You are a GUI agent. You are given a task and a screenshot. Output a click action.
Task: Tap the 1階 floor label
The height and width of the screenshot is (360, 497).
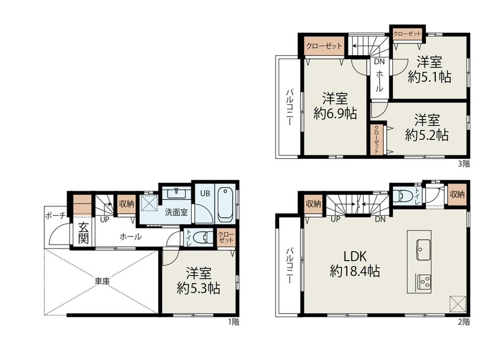pyautogui.click(x=234, y=322)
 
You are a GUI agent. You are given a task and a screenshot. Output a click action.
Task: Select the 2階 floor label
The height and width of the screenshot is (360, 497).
pyautogui.click(x=464, y=322)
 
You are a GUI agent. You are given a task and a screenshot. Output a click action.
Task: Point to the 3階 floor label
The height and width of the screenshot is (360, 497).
pyautogui.click(x=464, y=164)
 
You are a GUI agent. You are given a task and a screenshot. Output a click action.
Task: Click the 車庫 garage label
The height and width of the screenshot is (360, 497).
pyautogui.click(x=102, y=281)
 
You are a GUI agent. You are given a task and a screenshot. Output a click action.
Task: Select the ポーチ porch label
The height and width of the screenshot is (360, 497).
pyautogui.click(x=56, y=216)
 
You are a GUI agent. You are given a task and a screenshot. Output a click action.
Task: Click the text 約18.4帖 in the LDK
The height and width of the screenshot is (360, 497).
pyautogui.click(x=355, y=271)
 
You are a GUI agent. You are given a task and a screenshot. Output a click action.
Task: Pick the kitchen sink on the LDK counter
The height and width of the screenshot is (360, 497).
pyautogui.click(x=423, y=250)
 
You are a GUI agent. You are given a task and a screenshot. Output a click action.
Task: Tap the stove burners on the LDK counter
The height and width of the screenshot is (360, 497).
pyautogui.click(x=423, y=282)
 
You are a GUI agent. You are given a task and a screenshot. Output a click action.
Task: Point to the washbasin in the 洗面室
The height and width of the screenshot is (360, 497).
pyautogui.click(x=176, y=193)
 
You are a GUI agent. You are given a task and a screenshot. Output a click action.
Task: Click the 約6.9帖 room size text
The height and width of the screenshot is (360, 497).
pyautogui.click(x=335, y=113)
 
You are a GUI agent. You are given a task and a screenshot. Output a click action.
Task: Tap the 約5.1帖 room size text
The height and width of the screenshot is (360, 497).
pyautogui.click(x=430, y=77)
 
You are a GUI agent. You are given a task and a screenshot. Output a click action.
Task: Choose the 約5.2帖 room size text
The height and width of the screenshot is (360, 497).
pyautogui.click(x=427, y=135)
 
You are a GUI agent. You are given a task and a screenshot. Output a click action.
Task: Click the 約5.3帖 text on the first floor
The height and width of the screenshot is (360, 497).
pyautogui.click(x=199, y=288)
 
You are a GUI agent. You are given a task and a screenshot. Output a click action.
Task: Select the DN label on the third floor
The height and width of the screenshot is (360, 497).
pyautogui.click(x=379, y=62)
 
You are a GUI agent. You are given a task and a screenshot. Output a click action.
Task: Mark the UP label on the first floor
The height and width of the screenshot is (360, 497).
pyautogui.click(x=104, y=219)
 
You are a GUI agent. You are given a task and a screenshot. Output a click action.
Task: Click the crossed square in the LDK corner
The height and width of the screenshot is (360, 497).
pyautogui.click(x=458, y=303)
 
